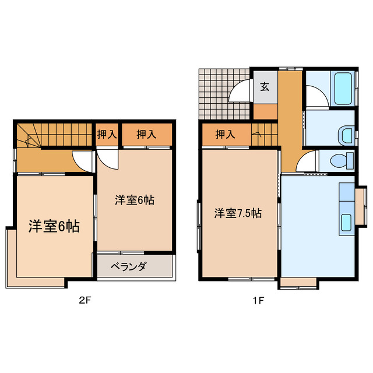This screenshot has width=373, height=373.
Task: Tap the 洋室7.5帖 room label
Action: (x=237, y=213)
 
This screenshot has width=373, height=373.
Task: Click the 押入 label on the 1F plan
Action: (x=225, y=135)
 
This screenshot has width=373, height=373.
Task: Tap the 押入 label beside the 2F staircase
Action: (x=106, y=135)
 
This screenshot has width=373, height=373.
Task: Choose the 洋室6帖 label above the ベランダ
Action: (x=134, y=200)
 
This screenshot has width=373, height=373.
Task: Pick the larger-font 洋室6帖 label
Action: (x=54, y=227)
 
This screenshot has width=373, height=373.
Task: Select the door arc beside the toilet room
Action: (x=307, y=161)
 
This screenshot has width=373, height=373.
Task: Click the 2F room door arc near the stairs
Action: (x=82, y=161)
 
